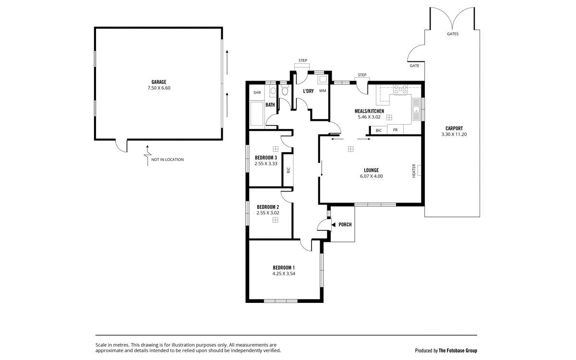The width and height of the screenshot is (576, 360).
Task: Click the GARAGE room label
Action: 159,82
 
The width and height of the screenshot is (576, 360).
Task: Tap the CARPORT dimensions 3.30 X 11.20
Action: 454,134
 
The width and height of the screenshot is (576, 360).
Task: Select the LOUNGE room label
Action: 372,170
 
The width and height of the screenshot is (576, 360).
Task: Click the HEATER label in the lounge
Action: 414,171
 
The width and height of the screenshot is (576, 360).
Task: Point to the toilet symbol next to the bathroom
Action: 284,91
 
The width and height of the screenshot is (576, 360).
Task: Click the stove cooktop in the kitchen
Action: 400,89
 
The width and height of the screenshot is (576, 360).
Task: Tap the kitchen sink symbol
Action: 416,109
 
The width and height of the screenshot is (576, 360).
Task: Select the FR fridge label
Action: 395,130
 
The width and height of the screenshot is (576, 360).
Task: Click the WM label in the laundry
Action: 323,91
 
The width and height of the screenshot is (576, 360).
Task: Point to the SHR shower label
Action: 257,93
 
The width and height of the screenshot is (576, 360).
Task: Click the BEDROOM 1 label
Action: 284,268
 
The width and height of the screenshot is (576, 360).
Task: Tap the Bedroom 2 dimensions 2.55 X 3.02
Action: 268,213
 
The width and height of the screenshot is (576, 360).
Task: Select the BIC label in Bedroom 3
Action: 288,170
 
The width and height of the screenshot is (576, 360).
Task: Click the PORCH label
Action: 345,225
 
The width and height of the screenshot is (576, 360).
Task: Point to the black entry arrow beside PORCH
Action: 334,225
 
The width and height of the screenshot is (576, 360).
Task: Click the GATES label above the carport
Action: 453,34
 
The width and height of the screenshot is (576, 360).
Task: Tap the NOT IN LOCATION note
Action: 168,160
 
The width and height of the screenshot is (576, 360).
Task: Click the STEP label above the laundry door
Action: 303,60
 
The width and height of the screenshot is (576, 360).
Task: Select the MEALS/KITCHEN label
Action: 369,111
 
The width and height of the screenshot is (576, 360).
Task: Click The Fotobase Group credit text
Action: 458,350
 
